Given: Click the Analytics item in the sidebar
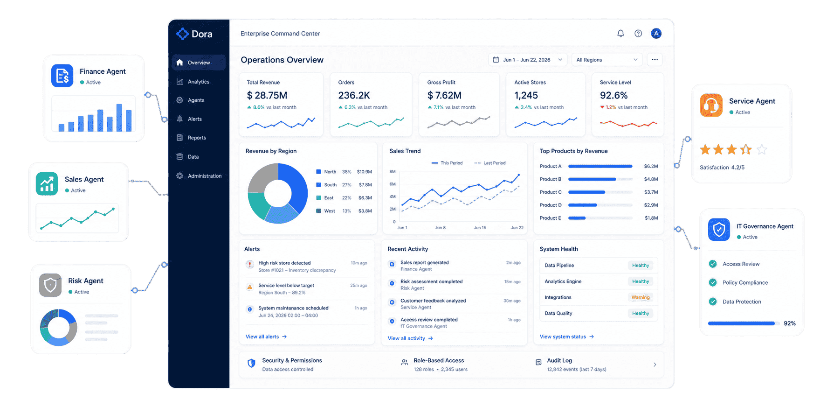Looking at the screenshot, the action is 198,82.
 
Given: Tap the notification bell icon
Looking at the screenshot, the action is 620,34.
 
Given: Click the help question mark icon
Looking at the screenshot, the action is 638,34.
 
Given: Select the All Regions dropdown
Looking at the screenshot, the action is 607,60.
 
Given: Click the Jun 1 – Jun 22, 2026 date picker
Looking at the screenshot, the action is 528,60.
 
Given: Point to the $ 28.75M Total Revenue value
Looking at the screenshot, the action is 267,96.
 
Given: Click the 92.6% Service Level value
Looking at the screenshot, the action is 614,96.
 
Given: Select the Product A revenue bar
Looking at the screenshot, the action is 600,166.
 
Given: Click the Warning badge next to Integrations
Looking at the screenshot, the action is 641,297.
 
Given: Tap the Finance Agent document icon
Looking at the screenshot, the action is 62,76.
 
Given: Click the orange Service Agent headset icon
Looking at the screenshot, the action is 711,105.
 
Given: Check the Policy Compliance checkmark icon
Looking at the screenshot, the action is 713,282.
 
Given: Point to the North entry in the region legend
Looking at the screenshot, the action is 330,172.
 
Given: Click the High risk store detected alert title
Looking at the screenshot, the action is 284,263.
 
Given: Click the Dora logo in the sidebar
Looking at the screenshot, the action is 194,34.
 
